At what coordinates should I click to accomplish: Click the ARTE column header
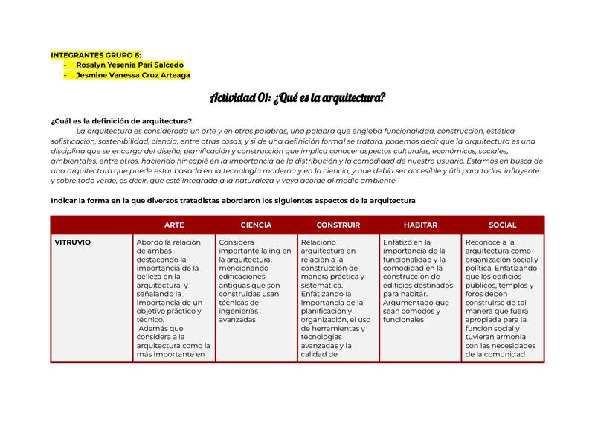[174, 225]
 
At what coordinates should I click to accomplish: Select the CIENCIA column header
[256, 225]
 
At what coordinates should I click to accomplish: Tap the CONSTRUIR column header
[338, 225]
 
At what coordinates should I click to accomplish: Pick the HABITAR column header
[420, 225]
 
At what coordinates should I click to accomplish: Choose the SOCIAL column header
[502, 225]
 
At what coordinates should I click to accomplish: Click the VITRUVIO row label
[73, 242]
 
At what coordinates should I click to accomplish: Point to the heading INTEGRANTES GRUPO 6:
[95, 55]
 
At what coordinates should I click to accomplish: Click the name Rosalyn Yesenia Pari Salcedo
[129, 65]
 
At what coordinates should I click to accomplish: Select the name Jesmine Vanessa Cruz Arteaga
[132, 74]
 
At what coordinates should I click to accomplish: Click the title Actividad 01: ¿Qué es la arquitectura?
[297, 98]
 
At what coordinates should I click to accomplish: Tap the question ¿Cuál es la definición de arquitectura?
[121, 121]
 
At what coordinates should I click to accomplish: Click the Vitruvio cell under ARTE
[174, 298]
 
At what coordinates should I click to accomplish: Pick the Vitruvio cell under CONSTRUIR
[338, 298]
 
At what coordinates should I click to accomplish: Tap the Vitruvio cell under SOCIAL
[502, 298]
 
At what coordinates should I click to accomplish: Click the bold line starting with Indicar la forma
[233, 200]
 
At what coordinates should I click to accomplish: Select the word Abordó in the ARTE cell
[151, 242]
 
